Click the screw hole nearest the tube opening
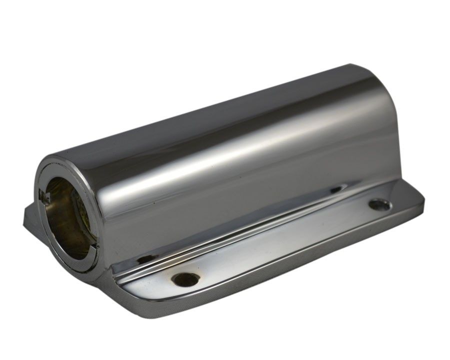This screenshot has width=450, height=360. (184, 278)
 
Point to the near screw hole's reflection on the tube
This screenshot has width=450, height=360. (144, 259)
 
